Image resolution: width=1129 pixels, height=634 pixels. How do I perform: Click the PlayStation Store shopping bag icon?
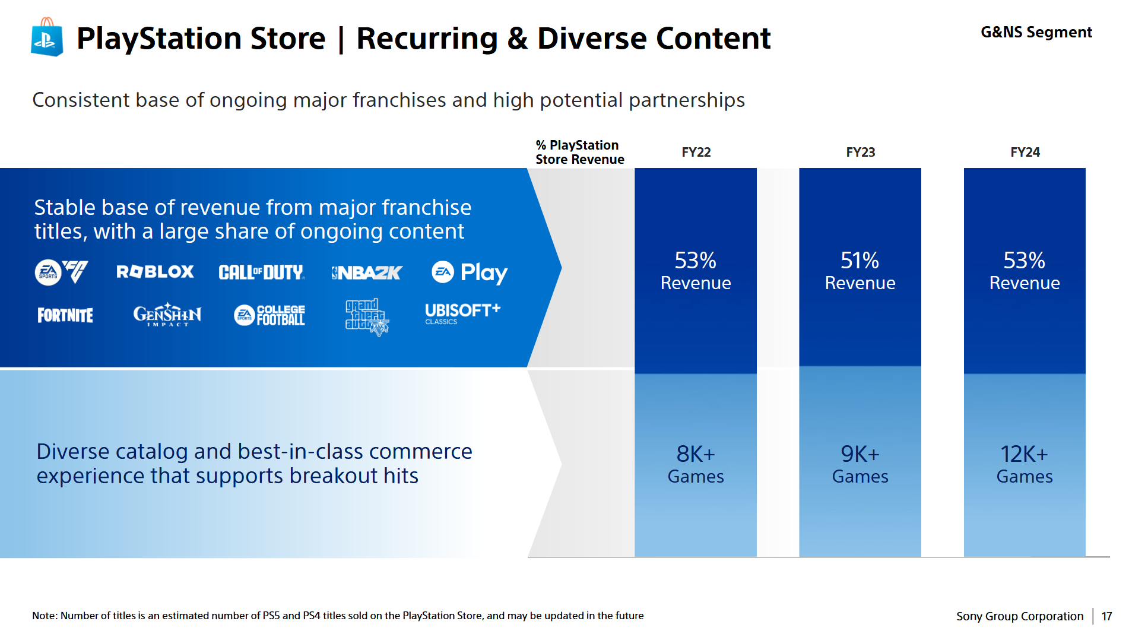tap(47, 37)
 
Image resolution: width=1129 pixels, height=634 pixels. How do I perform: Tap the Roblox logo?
tap(155, 272)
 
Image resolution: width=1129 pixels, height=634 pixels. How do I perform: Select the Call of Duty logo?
tap(261, 272)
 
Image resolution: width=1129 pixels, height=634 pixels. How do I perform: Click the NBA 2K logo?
tap(367, 272)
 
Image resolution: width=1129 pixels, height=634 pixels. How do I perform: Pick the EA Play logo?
tap(469, 272)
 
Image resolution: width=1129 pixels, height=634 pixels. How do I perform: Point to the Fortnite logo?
tap(65, 315)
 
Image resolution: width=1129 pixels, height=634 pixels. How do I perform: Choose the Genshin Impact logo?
tap(167, 315)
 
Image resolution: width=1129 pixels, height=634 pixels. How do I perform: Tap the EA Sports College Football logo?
tap(269, 315)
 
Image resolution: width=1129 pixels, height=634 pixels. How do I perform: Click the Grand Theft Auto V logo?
tap(367, 317)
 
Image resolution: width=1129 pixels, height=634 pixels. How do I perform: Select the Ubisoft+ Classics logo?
tap(462, 313)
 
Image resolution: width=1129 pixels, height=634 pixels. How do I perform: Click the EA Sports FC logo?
tap(62, 272)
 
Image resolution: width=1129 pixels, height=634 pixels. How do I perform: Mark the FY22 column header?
tap(696, 153)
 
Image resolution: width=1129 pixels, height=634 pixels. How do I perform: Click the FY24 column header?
tap(1025, 153)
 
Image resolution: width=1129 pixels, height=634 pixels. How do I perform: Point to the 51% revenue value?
tap(860, 261)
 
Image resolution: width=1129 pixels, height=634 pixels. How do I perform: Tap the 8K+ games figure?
tap(696, 455)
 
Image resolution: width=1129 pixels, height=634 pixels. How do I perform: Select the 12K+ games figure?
tap(1024, 455)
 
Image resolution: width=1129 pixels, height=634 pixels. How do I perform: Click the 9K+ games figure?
tap(860, 455)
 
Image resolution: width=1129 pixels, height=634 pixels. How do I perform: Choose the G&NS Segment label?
tap(1036, 33)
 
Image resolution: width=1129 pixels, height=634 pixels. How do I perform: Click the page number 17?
tap(1106, 616)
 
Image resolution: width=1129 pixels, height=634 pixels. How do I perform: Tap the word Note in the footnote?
tap(45, 616)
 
